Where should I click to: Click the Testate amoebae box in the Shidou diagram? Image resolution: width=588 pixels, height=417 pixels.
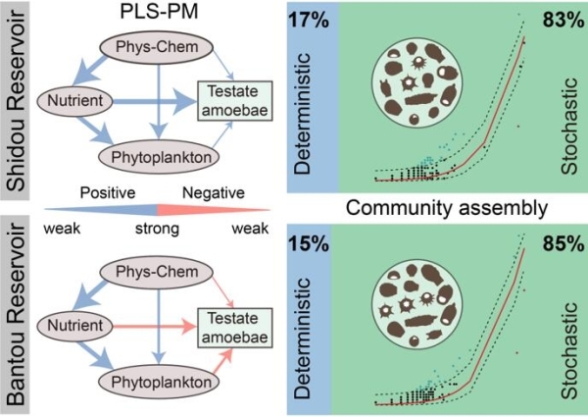click(x=236, y=100)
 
